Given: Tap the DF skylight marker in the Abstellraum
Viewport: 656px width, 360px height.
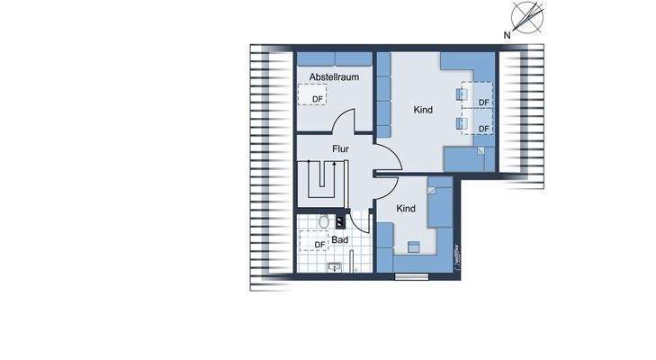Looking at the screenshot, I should [317, 99].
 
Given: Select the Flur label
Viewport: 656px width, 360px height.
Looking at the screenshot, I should [340, 149].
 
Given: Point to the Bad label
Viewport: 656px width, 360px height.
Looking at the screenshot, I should [339, 240].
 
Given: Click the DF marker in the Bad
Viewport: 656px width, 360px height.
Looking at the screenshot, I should [319, 245].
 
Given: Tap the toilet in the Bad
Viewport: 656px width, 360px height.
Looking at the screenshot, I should [324, 221].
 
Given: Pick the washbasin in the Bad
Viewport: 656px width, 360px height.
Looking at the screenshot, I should [336, 265].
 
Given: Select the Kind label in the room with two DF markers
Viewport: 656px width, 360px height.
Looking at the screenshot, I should [423, 110].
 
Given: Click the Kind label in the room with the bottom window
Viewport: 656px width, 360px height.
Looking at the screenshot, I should [407, 208].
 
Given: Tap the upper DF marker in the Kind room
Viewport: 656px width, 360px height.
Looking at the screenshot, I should [484, 102].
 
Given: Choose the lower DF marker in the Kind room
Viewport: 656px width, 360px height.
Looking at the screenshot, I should [484, 129].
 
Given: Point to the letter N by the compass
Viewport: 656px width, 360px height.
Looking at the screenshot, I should [508, 35].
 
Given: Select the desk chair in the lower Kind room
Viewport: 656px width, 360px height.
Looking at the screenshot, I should [413, 245].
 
